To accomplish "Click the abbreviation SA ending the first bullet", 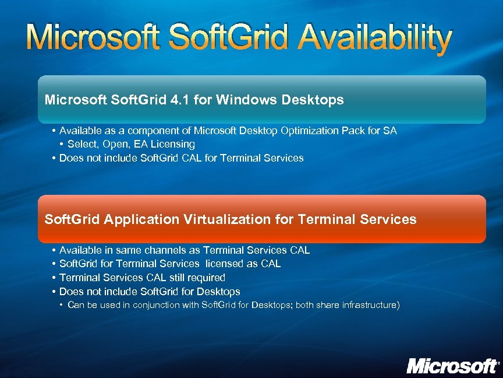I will pos(389,131).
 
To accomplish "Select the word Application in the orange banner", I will pos(142,220).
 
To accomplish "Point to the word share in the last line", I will pos(318,305).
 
